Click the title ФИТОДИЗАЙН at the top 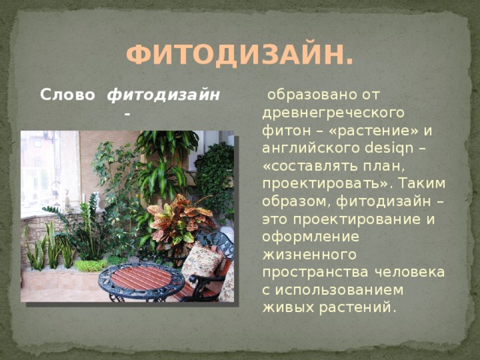[240, 55]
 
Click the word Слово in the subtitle [67, 95]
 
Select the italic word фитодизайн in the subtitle [163, 95]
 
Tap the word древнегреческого [333, 113]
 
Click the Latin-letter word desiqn [389, 148]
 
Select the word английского [311, 148]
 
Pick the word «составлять [310, 166]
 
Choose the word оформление [310, 237]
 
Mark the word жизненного [309, 255]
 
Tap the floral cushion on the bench [202, 260]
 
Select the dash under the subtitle [127, 114]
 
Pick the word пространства [316, 272]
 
